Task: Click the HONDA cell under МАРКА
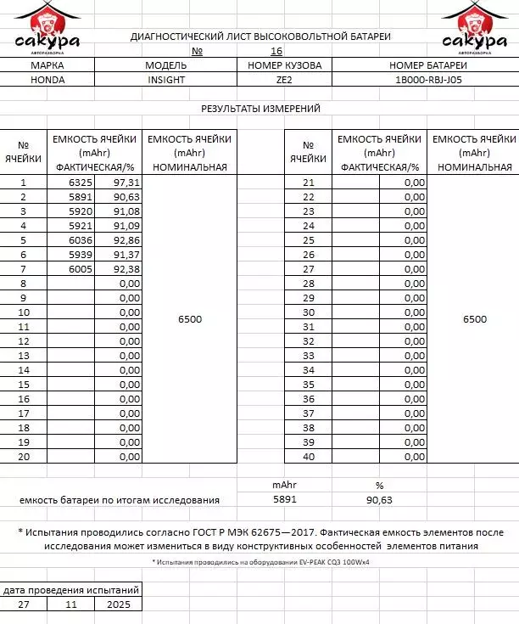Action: (x=47, y=80)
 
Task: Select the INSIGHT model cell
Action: (x=165, y=80)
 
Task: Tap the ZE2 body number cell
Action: (x=284, y=80)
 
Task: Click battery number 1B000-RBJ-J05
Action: (x=428, y=80)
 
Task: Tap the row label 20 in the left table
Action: (x=24, y=457)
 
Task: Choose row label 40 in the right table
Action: (x=309, y=457)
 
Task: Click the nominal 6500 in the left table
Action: (x=190, y=319)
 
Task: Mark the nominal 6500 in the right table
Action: (x=475, y=319)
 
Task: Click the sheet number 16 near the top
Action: (x=276, y=51)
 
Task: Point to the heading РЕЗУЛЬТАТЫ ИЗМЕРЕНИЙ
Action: (x=260, y=109)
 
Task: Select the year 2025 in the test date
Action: (x=118, y=604)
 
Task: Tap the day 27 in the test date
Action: (x=24, y=604)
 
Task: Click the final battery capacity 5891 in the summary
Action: (x=284, y=500)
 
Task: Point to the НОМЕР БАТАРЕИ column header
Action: (x=428, y=65)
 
